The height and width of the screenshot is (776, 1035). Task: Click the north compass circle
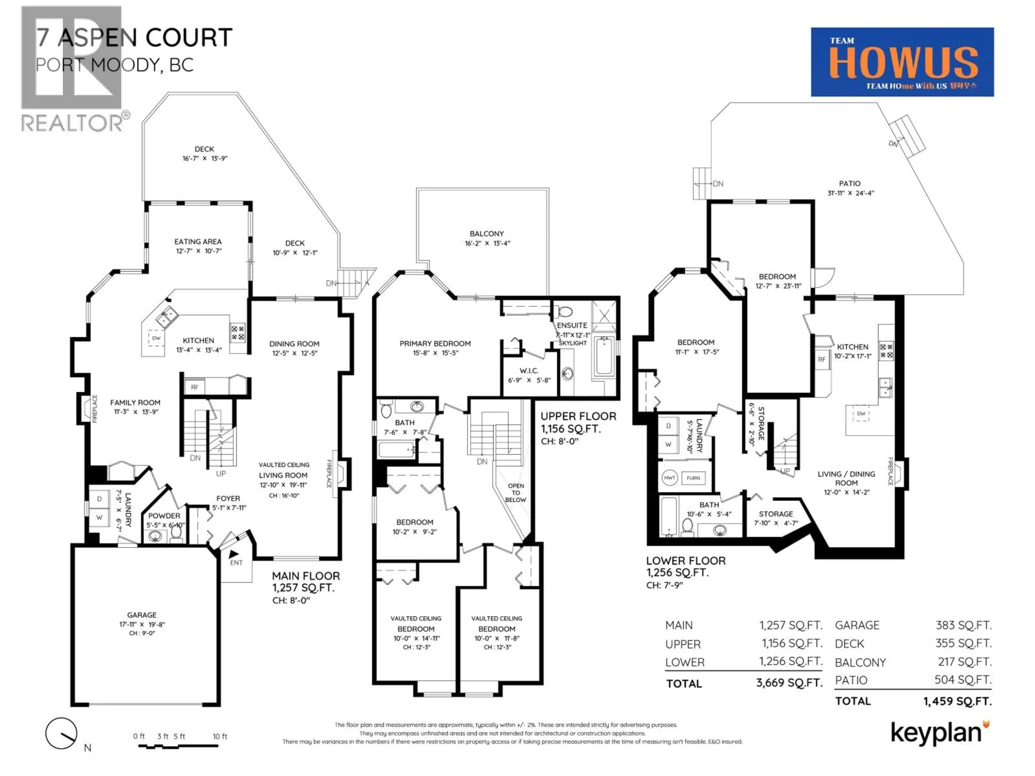pos(61,733)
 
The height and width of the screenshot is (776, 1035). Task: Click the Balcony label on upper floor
pos(487,233)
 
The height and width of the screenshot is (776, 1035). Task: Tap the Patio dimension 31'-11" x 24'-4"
pos(850,193)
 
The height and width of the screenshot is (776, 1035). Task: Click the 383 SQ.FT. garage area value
pos(963,625)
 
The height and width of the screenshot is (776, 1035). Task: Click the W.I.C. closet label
pos(529,370)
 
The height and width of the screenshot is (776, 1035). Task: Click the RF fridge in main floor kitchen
pos(195,387)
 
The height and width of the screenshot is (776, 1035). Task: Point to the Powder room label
pos(164,515)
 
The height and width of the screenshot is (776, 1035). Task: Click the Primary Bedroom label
pos(435,343)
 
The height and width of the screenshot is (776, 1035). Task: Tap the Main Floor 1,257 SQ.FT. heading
pos(306,581)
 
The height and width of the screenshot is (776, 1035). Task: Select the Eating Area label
pos(198,241)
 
